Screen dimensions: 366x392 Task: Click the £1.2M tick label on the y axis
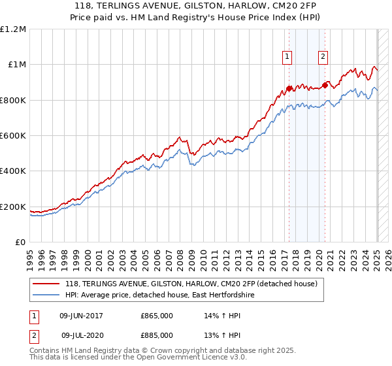pyautogui.click(x=13, y=29)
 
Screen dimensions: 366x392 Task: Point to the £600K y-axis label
pyautogui.click(x=13, y=136)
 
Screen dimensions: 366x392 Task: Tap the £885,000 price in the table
pyautogui.click(x=157, y=335)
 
